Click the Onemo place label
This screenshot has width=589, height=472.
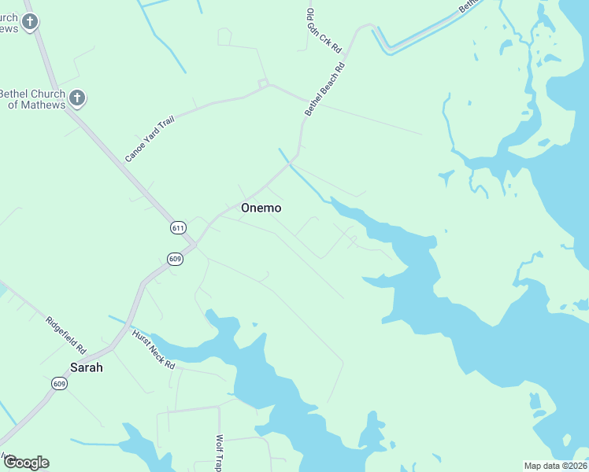(261, 208)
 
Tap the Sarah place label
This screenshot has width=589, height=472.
(87, 367)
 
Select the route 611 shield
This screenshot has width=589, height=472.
(178, 227)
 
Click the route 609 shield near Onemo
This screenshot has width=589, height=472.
(175, 259)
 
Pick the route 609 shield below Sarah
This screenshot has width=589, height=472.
(59, 383)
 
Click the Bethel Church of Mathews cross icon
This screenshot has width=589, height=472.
(76, 98)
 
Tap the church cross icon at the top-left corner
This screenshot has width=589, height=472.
(30, 21)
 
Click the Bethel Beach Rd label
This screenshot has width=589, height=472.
(325, 90)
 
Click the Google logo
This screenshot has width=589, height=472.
(26, 463)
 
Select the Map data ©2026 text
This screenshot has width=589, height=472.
(554, 465)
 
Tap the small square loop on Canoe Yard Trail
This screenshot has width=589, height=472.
(264, 83)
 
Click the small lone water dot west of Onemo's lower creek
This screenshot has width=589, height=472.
(254, 324)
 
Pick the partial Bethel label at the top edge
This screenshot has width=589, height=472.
(469, 5)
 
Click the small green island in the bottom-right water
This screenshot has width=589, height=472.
(537, 404)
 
